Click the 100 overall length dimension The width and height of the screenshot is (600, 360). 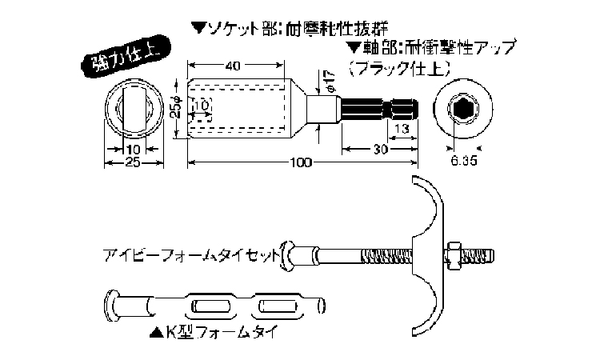point(300,163)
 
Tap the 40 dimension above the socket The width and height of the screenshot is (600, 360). point(234,67)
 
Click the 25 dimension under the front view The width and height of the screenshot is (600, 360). point(133,163)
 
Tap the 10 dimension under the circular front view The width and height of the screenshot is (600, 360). point(133,149)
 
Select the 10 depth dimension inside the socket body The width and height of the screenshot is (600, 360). point(202,105)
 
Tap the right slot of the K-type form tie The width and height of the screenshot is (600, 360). point(277,306)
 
